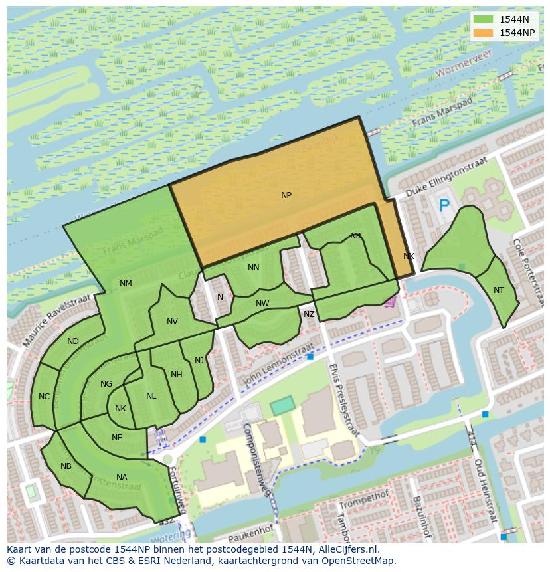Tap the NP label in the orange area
click(286, 195)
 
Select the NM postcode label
click(126, 284)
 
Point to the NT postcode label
click(499, 290)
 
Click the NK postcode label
click(120, 409)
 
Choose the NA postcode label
click(122, 478)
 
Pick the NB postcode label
click(66, 466)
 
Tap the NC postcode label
click(44, 397)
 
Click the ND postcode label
click(73, 342)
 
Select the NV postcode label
click(172, 322)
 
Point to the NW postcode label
click(262, 304)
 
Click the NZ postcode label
click(309, 314)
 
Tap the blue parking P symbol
click(444, 206)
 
